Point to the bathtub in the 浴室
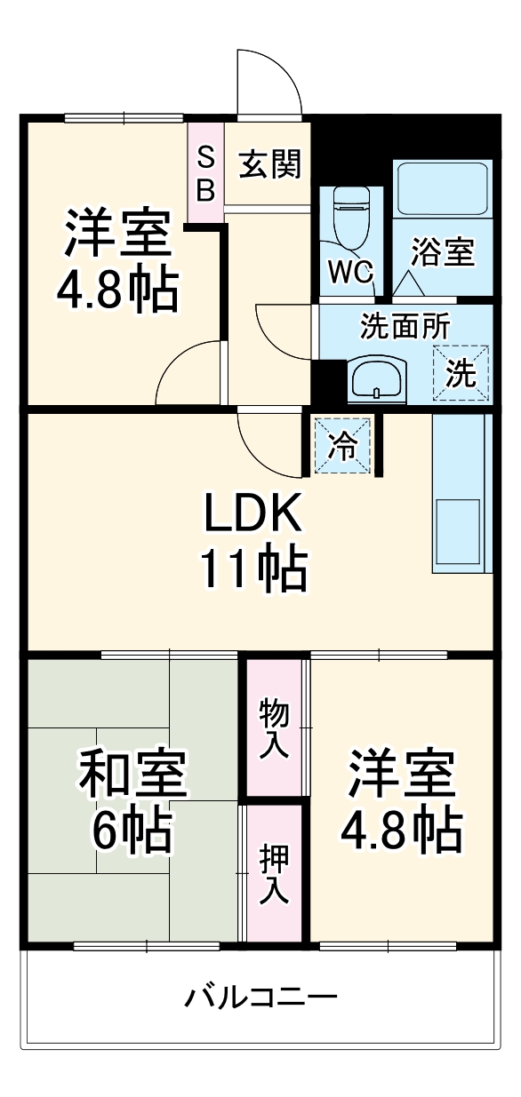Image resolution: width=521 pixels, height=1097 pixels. click(442, 188)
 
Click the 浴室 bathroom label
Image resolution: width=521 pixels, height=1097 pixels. click(442, 252)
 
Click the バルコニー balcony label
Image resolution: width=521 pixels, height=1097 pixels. click(260, 997)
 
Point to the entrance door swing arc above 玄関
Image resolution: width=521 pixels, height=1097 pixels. click(269, 84)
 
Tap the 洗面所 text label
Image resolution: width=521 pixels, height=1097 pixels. click(405, 326)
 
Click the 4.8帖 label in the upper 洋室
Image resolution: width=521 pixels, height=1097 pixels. click(117, 288)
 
